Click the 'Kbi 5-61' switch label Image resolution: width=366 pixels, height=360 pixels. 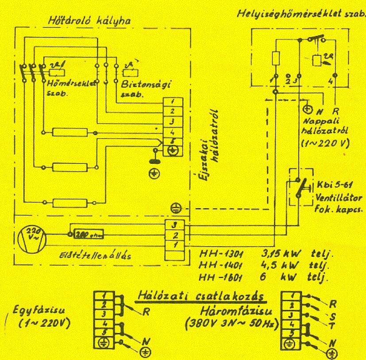328,185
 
